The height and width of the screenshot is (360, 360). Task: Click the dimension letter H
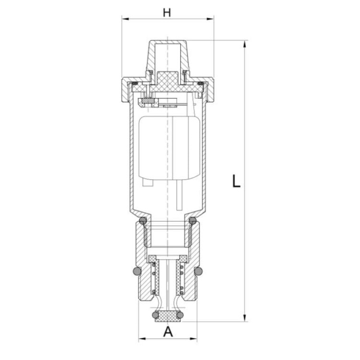point(167,12)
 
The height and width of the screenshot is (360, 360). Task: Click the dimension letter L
point(236,181)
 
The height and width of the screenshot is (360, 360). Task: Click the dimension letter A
point(168,332)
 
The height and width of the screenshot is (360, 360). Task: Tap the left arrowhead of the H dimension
point(125,19)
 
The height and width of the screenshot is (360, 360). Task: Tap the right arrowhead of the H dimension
point(210,19)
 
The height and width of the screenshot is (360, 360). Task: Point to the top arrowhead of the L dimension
point(245,44)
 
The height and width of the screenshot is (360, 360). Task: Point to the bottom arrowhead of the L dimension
point(245,318)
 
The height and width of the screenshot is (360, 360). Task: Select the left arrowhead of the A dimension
point(143,339)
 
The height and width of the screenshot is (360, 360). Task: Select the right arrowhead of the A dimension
point(193,339)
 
